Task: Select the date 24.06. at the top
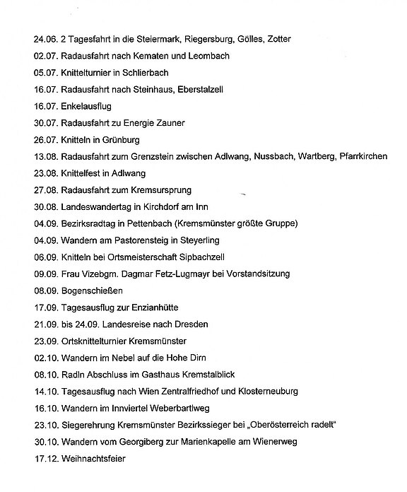(45, 39)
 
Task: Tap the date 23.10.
(45, 425)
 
